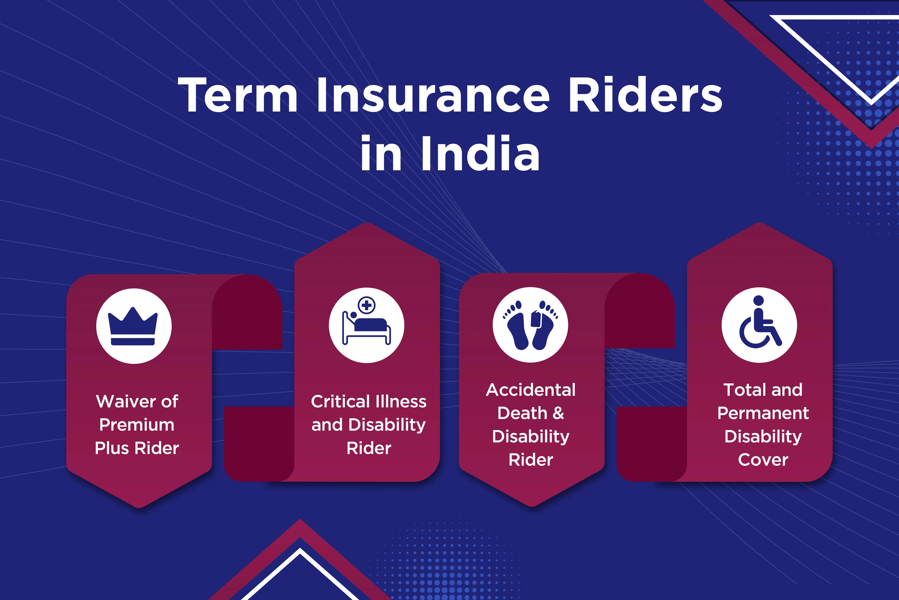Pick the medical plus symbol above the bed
[x=367, y=305]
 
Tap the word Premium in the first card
[x=137, y=425]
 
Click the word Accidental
[x=531, y=390]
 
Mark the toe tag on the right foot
[x=536, y=319]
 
